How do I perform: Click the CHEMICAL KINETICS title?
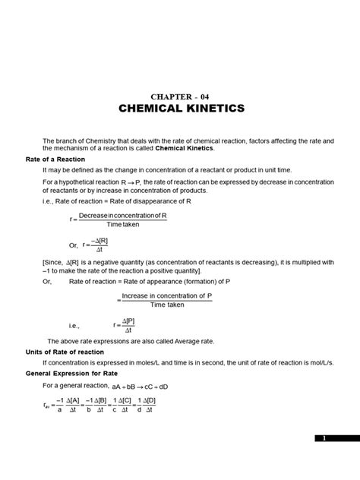181,109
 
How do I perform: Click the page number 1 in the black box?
324,438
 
